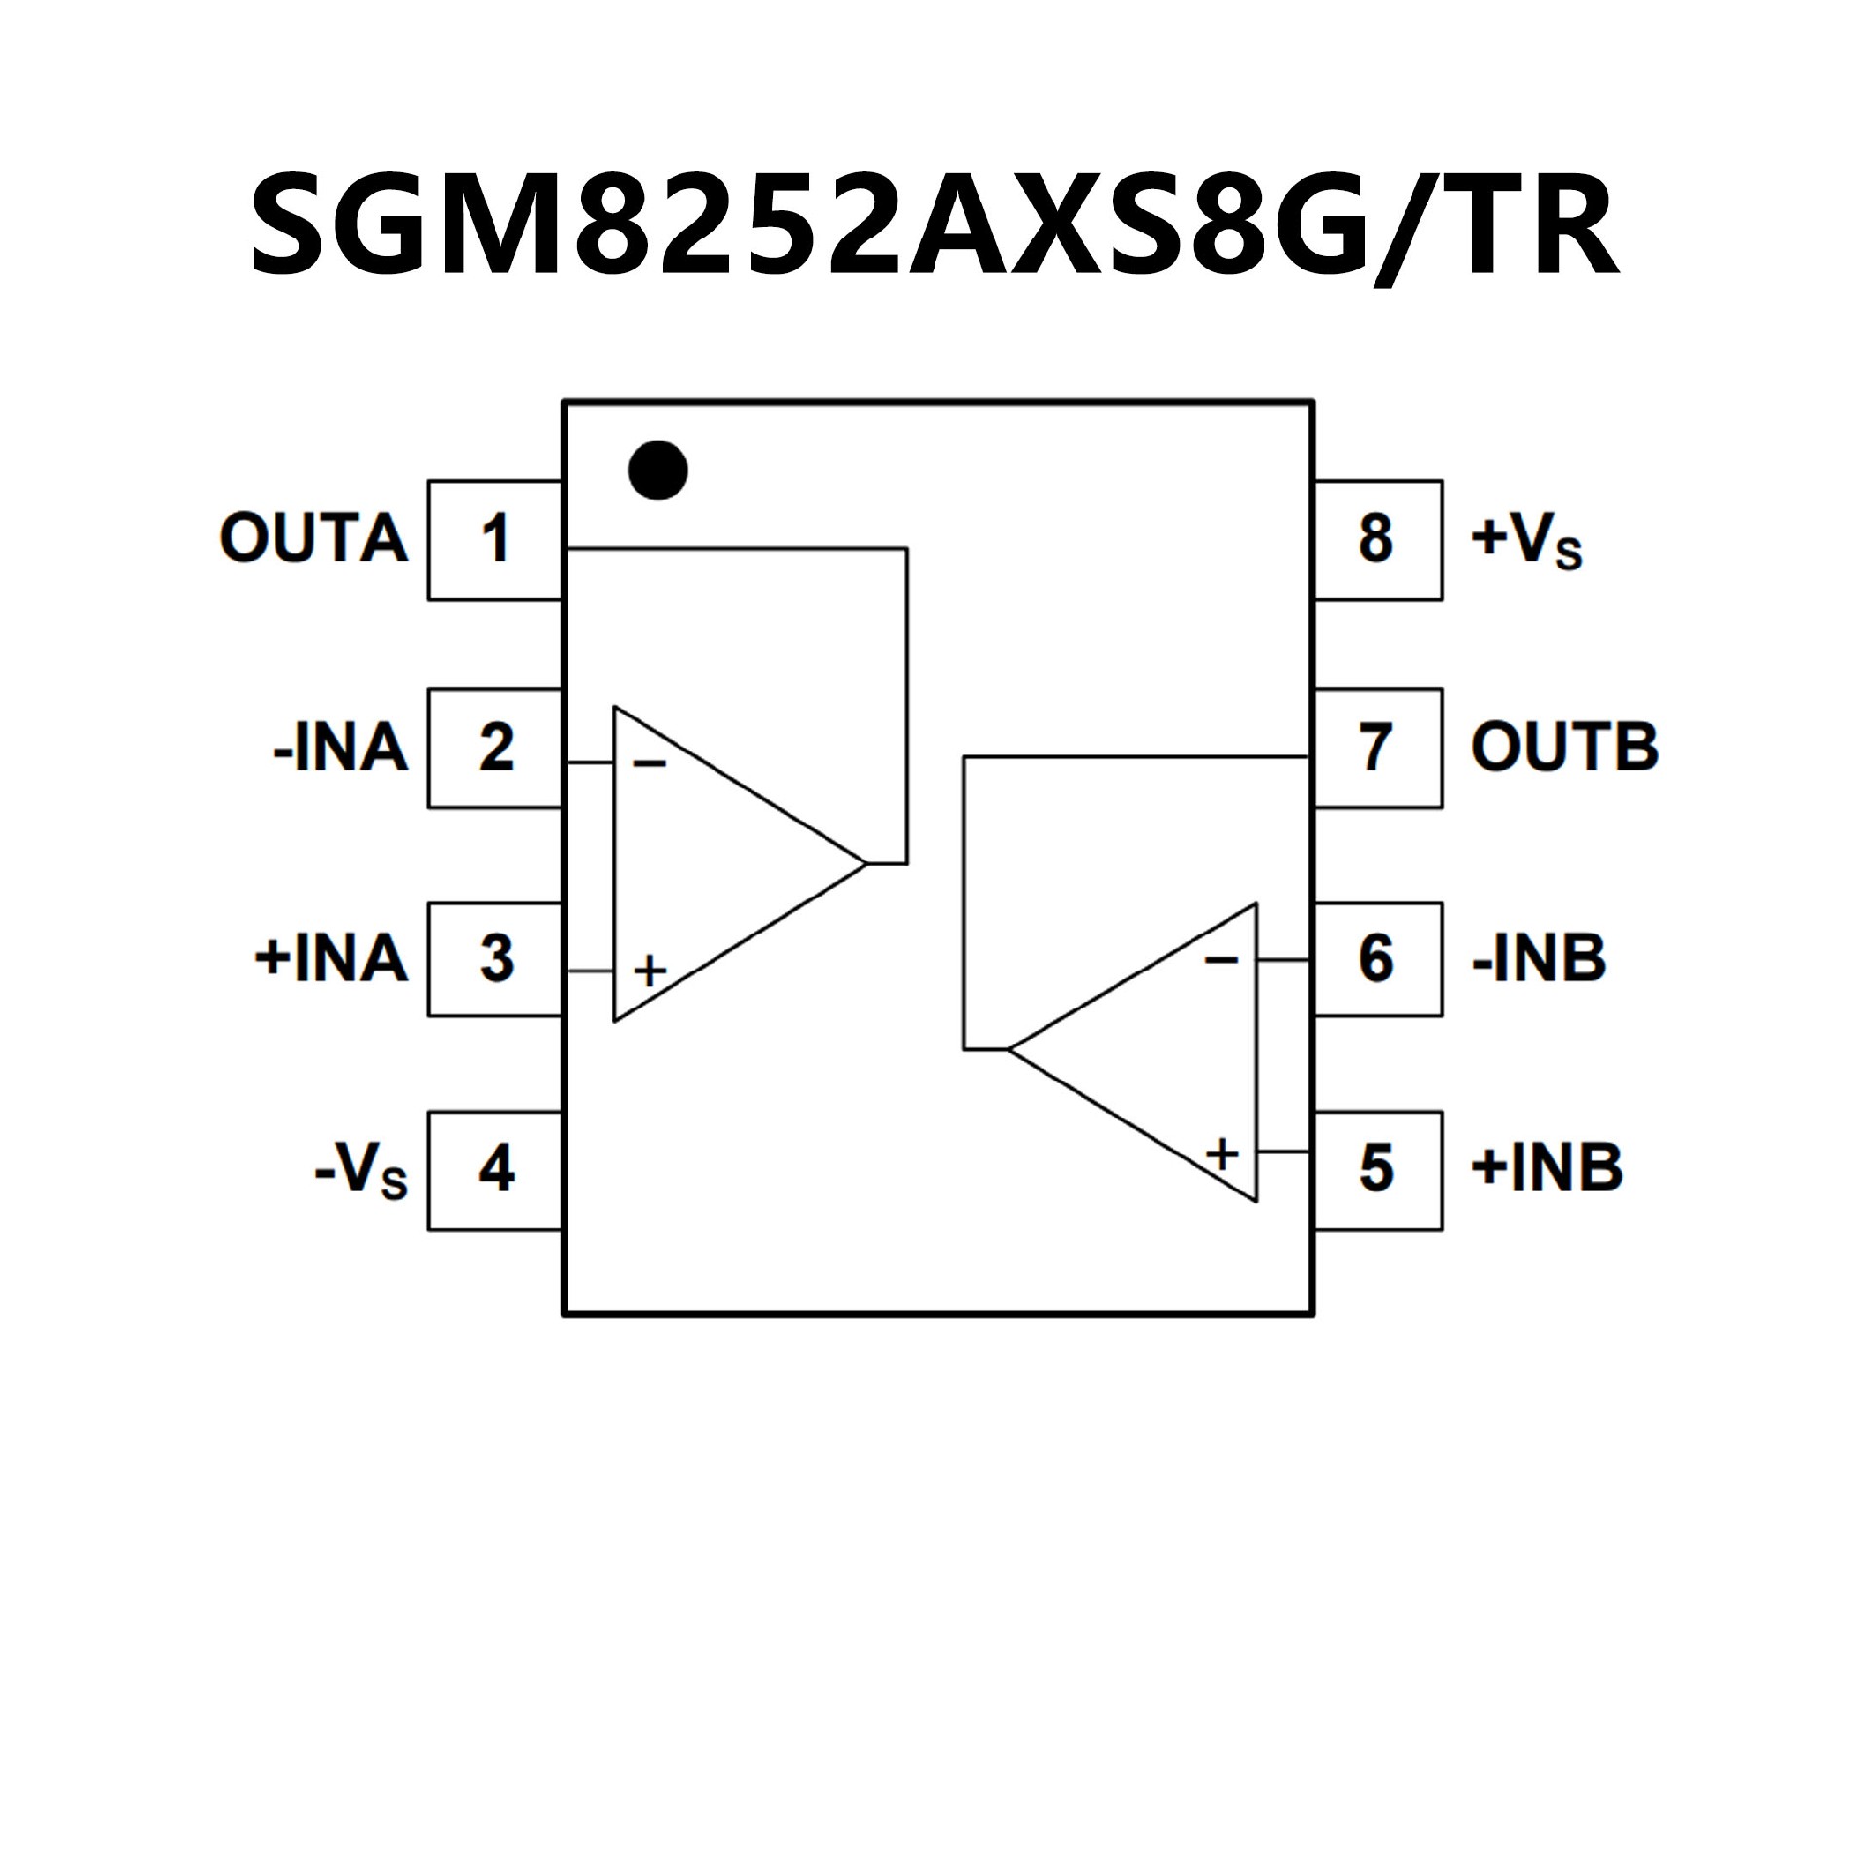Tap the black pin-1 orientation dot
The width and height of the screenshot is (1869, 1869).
coord(658,470)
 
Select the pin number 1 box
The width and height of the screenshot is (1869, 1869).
coord(495,539)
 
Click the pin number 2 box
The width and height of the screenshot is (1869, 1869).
coord(495,749)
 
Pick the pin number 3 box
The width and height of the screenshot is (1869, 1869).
coord(495,959)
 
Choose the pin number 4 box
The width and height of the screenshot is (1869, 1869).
coord(495,1169)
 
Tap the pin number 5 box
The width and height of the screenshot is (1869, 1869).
coord(1376,1169)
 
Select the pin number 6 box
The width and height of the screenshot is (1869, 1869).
coord(1376,959)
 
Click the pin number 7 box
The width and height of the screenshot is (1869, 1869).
coord(1376,749)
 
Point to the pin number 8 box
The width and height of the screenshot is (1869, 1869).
coord(1376,539)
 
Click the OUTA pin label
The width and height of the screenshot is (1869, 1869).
coord(313,538)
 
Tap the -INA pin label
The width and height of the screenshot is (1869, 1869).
coord(341,749)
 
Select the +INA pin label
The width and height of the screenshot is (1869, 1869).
coord(331,959)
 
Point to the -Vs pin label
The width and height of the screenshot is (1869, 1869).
coord(361,1170)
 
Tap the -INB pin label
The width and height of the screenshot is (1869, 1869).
coord(1539,959)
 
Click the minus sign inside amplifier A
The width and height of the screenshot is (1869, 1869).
coord(649,763)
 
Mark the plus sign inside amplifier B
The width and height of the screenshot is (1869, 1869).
coord(1223,1154)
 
